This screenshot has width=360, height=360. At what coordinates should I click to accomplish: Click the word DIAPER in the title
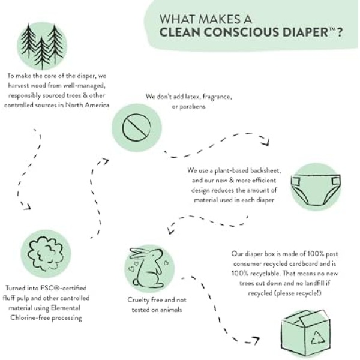[x=305, y=32]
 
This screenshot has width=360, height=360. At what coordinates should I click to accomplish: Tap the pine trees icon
[x=42, y=46]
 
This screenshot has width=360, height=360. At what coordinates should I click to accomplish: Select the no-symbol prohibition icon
[x=136, y=127]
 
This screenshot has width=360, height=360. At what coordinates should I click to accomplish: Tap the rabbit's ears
[x=140, y=253]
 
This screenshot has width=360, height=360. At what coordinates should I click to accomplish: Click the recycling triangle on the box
[x=318, y=338]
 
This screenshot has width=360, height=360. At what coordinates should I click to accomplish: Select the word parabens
[x=193, y=107]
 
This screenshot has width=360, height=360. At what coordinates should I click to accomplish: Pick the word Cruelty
[x=137, y=300]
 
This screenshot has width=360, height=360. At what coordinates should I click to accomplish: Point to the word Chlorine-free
[x=30, y=318]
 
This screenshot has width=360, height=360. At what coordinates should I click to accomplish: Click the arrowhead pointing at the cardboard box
[x=256, y=340]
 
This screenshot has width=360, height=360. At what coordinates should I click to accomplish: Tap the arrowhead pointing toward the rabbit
[x=170, y=230]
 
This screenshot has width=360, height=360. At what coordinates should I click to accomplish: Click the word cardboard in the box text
[x=303, y=263]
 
